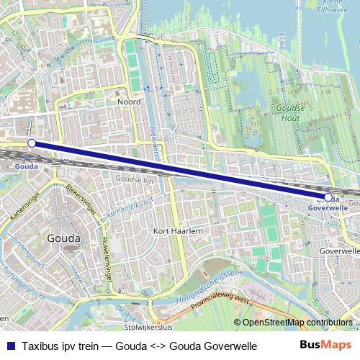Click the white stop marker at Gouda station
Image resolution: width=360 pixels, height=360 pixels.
32,143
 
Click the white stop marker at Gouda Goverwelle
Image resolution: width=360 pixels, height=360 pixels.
328,197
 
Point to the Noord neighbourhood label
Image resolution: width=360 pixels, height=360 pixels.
129,102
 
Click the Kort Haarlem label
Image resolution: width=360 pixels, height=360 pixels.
176,230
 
